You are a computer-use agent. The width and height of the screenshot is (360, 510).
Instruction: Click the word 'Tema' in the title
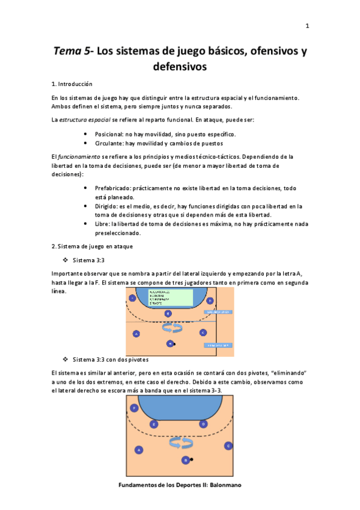pos(69,52)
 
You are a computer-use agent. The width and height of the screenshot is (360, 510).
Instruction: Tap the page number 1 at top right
pos(307,26)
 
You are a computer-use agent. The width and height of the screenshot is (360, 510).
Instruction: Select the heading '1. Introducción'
pos(72,84)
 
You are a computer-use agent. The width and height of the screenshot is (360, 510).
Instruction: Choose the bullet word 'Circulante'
pos(109,143)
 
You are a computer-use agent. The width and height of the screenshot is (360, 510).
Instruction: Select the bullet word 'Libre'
pos(102,224)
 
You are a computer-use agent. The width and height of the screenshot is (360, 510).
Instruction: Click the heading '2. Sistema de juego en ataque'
pos(92,247)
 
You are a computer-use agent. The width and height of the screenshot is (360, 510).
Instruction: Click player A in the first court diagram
pos(136,334)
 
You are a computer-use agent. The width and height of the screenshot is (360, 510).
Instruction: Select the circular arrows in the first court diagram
pos(172,327)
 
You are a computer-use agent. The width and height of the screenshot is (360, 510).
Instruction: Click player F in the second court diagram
pos(134,408)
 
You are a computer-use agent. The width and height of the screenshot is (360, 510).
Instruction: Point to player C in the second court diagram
pos(228,446)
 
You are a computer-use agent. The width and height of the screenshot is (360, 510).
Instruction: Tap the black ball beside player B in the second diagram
pos(192,460)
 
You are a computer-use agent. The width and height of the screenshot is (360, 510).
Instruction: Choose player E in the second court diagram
pos(154,424)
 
